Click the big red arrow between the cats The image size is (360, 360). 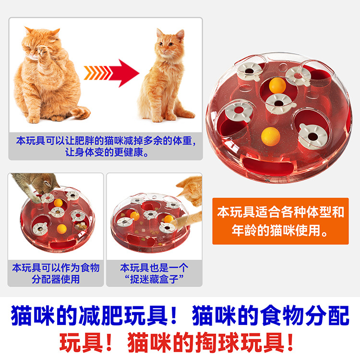[124, 73]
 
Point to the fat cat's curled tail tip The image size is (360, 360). [82, 112]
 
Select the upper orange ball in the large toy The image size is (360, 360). [277, 85]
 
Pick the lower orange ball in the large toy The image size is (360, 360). [270, 137]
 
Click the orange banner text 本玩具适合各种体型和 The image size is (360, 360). [281, 212]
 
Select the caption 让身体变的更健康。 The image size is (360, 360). [107, 152]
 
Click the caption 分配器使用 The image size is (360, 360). [56, 279]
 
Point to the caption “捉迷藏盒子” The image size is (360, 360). [154, 279]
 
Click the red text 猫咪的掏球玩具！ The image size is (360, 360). [211, 342]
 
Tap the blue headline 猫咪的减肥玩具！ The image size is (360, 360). [95, 315]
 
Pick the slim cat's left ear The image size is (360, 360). [159, 33]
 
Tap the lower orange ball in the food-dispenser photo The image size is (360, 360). [62, 229]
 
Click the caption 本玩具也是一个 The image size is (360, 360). [154, 268]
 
